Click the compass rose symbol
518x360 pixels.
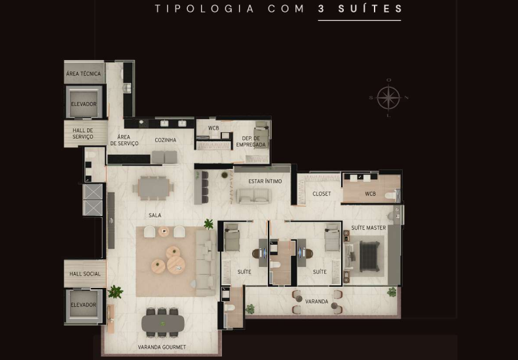coord(389,98)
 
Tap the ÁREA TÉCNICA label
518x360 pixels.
coord(83,74)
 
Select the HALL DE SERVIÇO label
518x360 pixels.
coord(83,134)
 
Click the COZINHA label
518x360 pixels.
coord(166,140)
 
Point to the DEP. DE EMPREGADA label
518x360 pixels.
coord(251,141)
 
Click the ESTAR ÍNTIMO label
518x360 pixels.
coord(265,181)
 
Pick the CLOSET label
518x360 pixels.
coord(322,194)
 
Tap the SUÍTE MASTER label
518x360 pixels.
coord(368,228)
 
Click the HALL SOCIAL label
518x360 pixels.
coord(85,274)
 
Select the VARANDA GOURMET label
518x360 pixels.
coord(162,347)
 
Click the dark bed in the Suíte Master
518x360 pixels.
coord(369,257)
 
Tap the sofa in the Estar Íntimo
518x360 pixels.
coord(253,196)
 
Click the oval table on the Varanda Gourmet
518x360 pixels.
coord(163,323)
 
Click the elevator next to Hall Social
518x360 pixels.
coord(84,306)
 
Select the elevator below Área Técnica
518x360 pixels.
coord(84,102)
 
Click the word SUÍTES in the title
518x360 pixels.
coord(370,9)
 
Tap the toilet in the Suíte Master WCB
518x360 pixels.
coord(391,196)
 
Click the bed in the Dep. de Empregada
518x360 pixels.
coord(262,135)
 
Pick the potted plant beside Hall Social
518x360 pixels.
coord(115,292)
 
